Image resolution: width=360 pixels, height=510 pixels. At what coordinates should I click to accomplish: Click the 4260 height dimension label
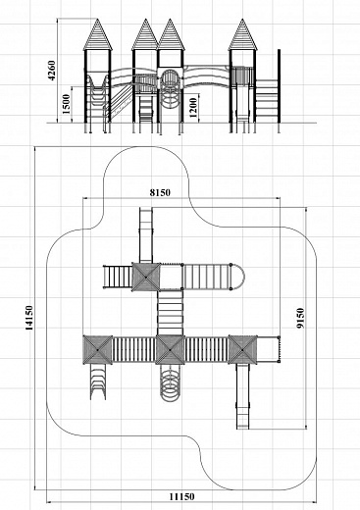52,71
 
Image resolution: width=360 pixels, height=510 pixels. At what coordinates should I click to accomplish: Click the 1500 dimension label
66,104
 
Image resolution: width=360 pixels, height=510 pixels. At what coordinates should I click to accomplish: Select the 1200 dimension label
193,108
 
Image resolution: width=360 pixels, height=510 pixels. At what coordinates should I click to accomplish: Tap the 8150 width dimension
160,193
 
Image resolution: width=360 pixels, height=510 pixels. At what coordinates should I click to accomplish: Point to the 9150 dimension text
300,318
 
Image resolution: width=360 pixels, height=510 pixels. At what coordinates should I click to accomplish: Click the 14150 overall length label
29,318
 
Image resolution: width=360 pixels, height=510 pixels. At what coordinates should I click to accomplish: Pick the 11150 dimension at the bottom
181,497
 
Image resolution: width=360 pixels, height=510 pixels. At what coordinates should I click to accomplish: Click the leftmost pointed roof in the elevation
97,34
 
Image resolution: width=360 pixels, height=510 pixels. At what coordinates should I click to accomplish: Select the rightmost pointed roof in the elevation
242,34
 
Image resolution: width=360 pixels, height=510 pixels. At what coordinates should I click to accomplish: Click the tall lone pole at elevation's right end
279,91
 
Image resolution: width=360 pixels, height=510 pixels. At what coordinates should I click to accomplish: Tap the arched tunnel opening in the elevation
169,79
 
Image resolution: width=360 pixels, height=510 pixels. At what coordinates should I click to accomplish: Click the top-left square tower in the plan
146,277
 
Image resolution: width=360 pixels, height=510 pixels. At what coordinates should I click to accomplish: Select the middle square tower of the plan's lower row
170,350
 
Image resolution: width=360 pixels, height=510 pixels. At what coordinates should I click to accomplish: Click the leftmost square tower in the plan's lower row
97,350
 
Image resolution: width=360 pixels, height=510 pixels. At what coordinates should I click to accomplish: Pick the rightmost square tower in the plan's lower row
242,350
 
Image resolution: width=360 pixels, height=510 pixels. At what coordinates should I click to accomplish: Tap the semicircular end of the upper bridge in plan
238,277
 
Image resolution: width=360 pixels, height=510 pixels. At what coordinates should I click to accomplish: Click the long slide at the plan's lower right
243,396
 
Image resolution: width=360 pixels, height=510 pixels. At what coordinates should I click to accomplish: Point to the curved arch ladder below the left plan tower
98,382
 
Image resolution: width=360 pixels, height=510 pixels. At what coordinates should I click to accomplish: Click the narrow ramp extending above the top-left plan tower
146,235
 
